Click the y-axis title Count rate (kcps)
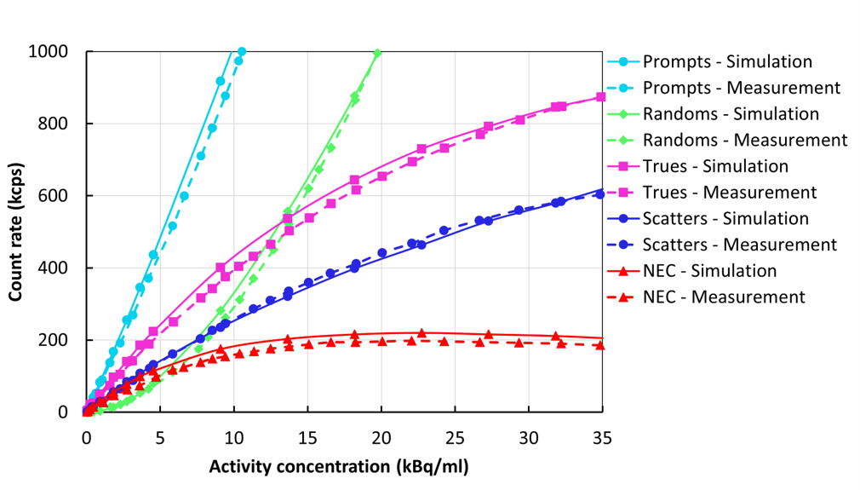[16, 233]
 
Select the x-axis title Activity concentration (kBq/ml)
[339, 466]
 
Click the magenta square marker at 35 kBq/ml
[601, 97]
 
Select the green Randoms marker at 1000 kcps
[377, 53]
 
